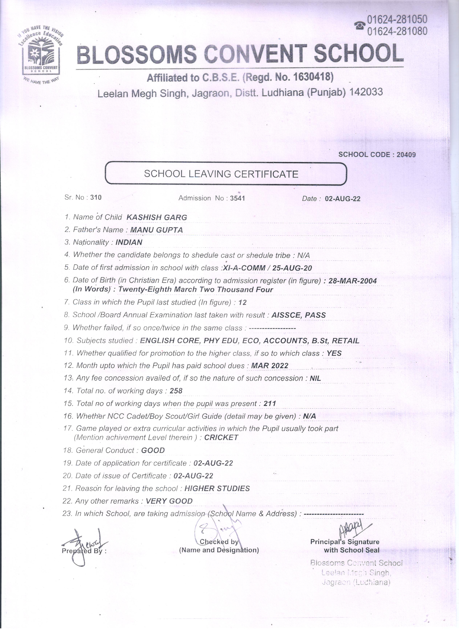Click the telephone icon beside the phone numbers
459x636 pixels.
click(360, 26)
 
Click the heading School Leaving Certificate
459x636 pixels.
click(221, 174)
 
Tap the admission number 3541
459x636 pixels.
click(237, 198)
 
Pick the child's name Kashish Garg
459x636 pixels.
click(157, 217)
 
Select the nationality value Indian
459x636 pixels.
click(129, 242)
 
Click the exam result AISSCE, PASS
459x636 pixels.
click(298, 315)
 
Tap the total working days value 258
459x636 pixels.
click(176, 391)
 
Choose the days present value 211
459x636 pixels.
click(270, 404)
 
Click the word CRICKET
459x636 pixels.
click(221, 437)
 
